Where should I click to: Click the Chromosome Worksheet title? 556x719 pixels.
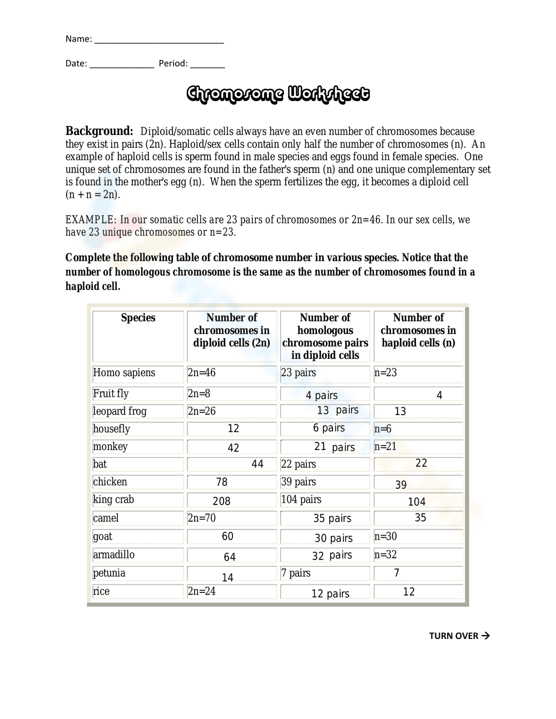pyautogui.click(x=277, y=94)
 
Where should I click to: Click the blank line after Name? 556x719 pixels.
pyautogui.click(x=159, y=39)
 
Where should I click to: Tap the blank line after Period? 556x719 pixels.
pyautogui.click(x=207, y=64)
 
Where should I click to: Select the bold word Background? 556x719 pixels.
pyautogui.click(x=99, y=131)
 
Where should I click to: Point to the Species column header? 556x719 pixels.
pyautogui.click(x=138, y=318)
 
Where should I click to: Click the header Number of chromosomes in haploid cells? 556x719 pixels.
pyautogui.click(x=418, y=330)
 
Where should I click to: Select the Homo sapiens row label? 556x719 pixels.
pyautogui.click(x=124, y=373)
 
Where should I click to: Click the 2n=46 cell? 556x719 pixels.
pyautogui.click(x=202, y=373)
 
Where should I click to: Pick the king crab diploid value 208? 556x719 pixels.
pyautogui.click(x=221, y=501)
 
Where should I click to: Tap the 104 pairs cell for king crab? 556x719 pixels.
pyautogui.click(x=301, y=500)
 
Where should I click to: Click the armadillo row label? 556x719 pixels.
pyautogui.click(x=113, y=555)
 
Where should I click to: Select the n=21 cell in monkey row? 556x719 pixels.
pyautogui.click(x=385, y=447)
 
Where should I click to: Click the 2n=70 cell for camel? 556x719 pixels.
pyautogui.click(x=202, y=518)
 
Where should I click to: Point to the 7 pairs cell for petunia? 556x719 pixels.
pyautogui.click(x=296, y=573)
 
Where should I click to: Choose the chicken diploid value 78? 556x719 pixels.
pyautogui.click(x=221, y=482)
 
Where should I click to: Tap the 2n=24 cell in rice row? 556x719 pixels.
pyautogui.click(x=202, y=591)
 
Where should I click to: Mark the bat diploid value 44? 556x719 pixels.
pyautogui.click(x=257, y=464)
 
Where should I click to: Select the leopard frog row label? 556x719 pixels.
pyautogui.click(x=120, y=411)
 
